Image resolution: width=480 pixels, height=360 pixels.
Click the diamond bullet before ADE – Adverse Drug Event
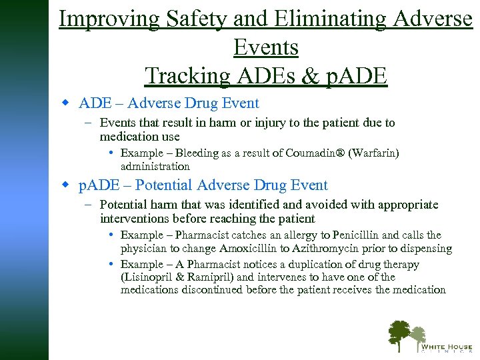coord(65,103)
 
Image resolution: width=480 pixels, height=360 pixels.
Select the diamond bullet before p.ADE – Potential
coord(65,185)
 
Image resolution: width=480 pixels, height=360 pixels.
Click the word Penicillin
coord(367,235)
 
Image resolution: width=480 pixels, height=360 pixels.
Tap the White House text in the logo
coord(445,347)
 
